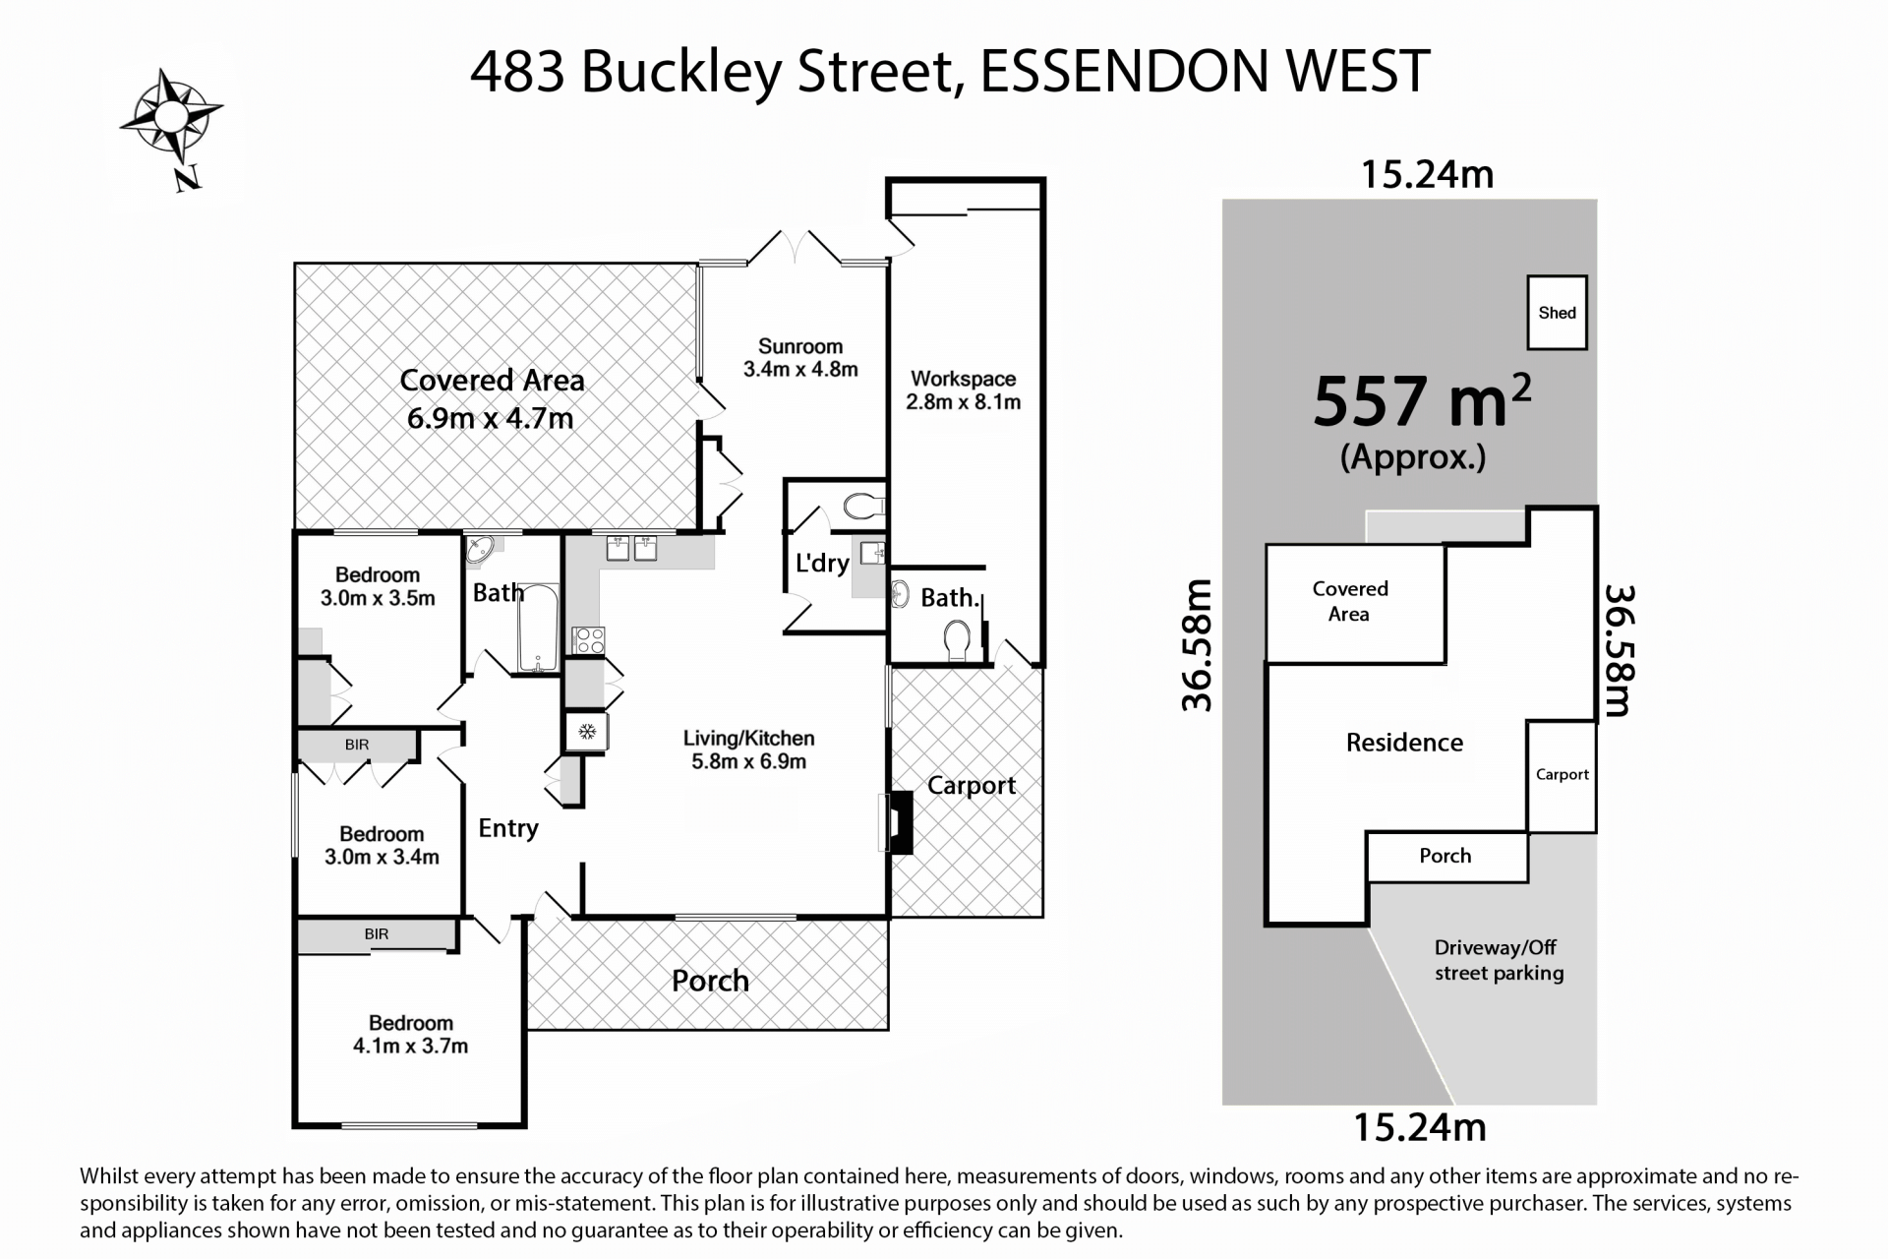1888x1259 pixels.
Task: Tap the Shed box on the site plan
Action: [x=1557, y=313]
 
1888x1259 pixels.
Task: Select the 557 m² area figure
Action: [x=1421, y=401]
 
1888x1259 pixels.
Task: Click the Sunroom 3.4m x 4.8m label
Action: [x=799, y=358]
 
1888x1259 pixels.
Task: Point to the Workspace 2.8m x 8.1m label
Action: [x=963, y=390]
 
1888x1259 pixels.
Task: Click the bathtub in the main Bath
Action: [x=538, y=628]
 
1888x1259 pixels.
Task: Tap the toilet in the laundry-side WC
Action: [x=862, y=508]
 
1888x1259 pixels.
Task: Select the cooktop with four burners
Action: [x=588, y=641]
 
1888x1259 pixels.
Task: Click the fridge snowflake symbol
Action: [x=587, y=732]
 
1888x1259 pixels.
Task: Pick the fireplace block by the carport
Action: [x=901, y=822]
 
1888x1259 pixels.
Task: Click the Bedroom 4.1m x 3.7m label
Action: [x=410, y=1035]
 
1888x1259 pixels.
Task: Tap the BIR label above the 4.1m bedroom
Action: [x=377, y=934]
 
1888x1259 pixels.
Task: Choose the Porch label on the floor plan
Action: [x=710, y=981]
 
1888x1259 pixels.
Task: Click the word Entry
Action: [x=507, y=828]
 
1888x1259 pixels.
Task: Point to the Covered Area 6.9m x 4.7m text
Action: [x=491, y=398]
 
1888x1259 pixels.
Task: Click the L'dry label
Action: [x=821, y=563]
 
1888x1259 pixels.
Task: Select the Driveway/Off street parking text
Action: [x=1497, y=960]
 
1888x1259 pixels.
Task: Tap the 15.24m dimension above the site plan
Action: [x=1427, y=175]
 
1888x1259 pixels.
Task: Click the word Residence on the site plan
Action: [x=1404, y=743]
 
